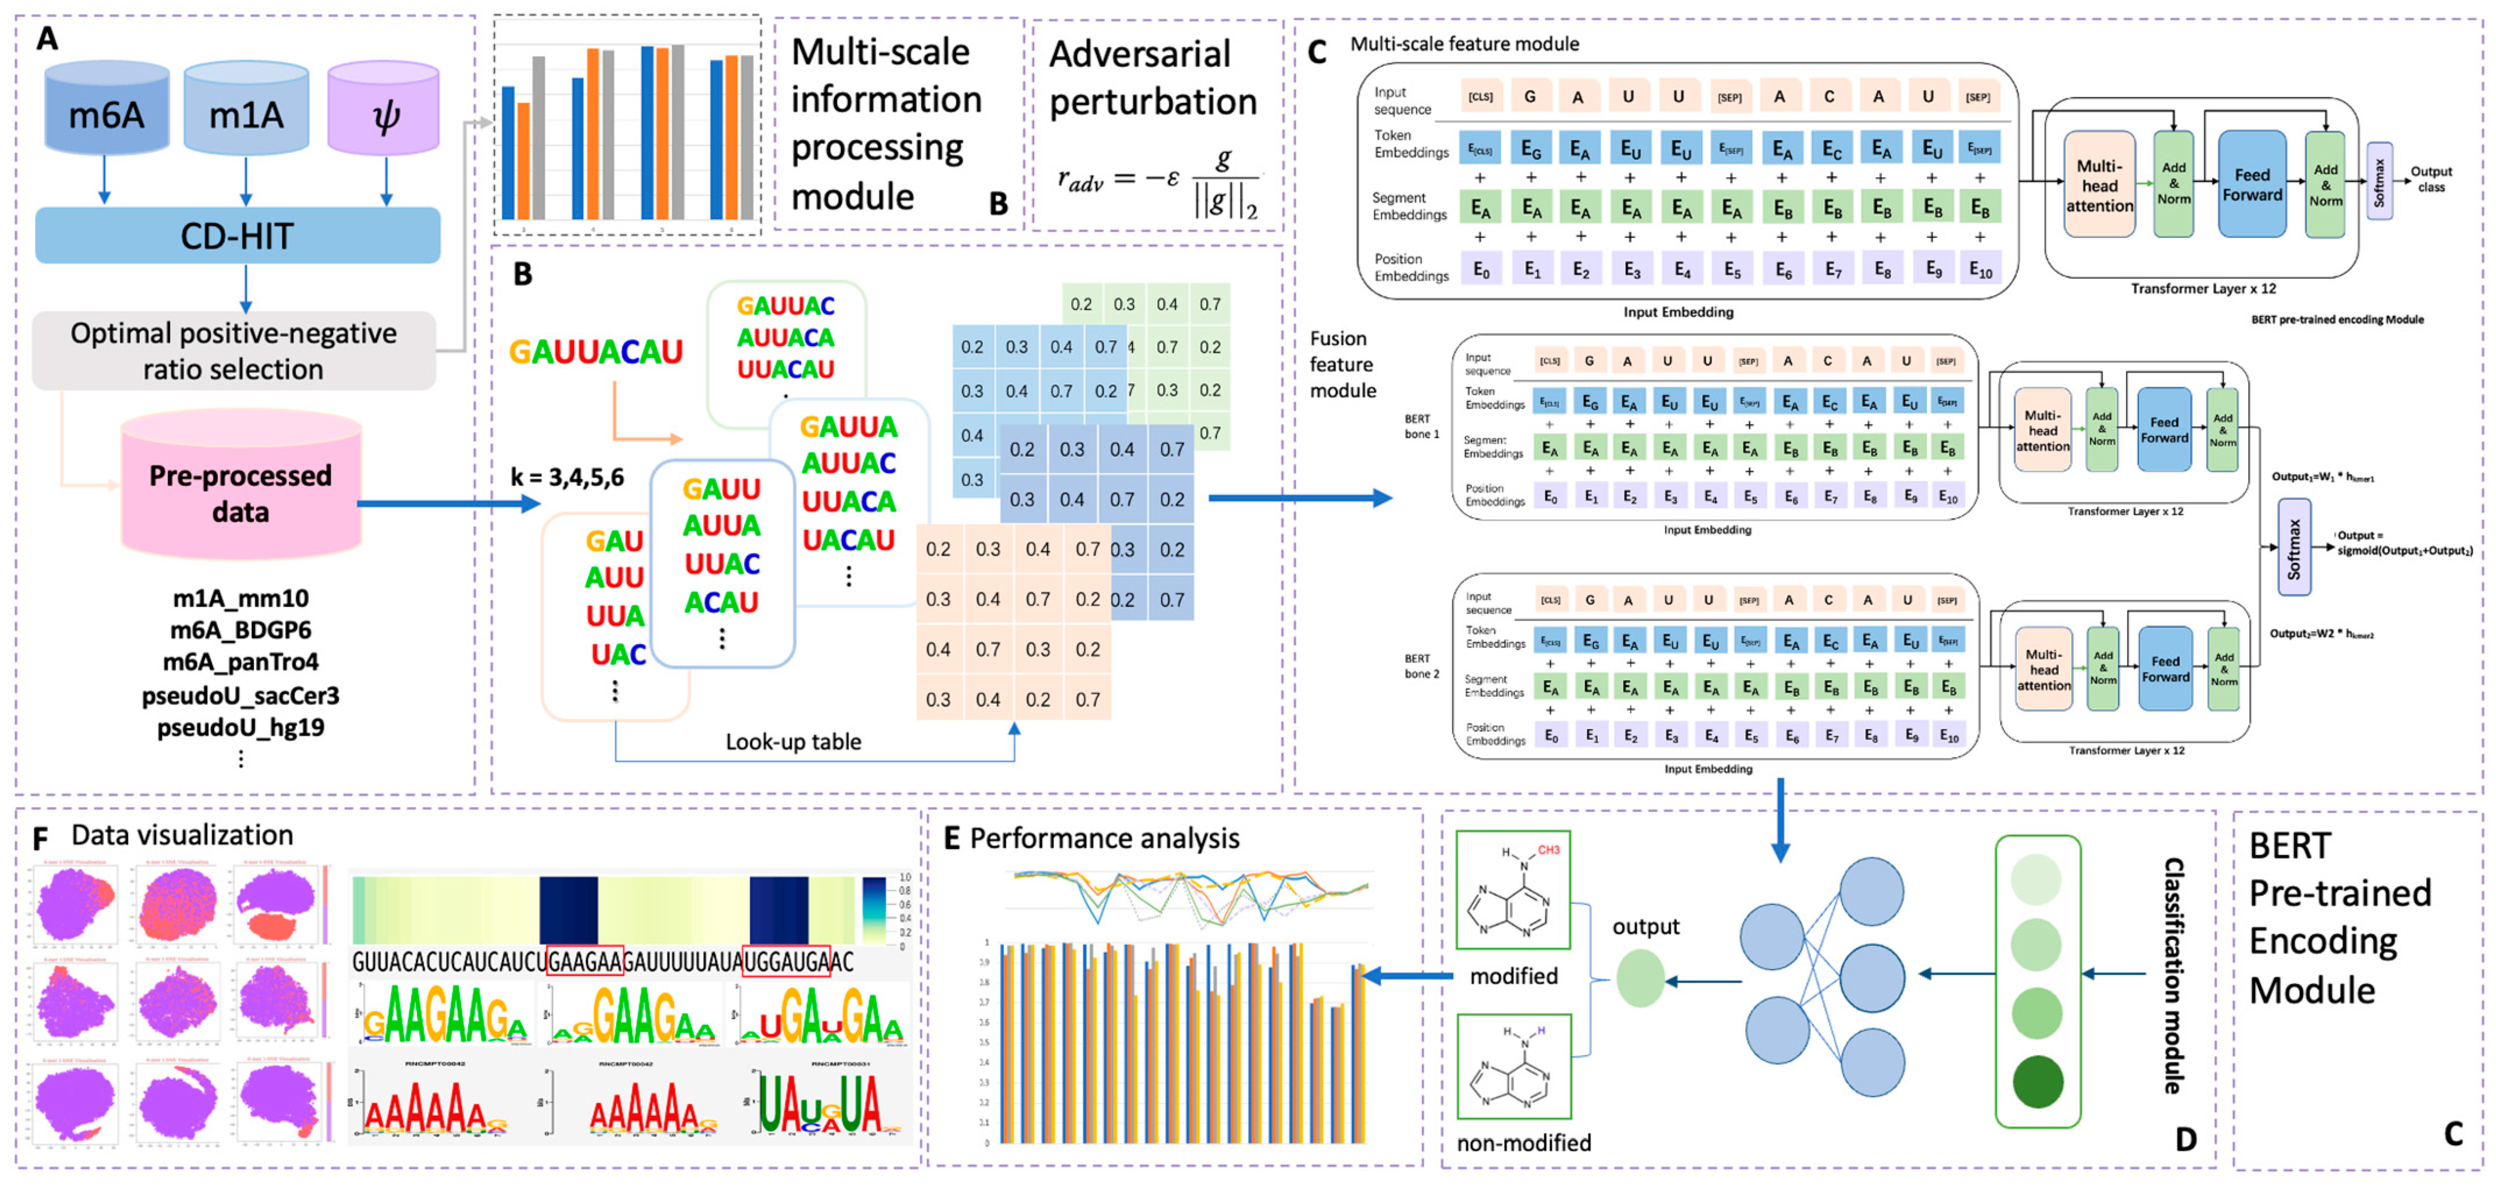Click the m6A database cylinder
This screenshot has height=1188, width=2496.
(x=107, y=108)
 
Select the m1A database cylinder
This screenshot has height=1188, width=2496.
(x=246, y=108)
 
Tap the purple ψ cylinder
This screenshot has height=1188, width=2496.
(x=385, y=108)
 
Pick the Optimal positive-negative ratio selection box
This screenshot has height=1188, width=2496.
(x=233, y=351)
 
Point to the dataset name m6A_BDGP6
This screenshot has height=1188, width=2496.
(x=240, y=630)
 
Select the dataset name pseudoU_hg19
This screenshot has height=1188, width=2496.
(x=240, y=727)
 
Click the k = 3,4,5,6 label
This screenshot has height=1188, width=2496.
(x=567, y=477)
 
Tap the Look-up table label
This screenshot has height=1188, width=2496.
(x=793, y=742)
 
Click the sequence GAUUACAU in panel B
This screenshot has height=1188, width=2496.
(x=596, y=352)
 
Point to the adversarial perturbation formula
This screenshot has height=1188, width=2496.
(x=1157, y=182)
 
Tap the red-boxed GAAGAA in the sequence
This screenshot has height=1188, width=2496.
(x=585, y=961)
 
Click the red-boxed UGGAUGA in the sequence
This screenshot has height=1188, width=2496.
(x=786, y=961)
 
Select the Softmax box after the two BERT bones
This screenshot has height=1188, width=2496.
(x=2293, y=548)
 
